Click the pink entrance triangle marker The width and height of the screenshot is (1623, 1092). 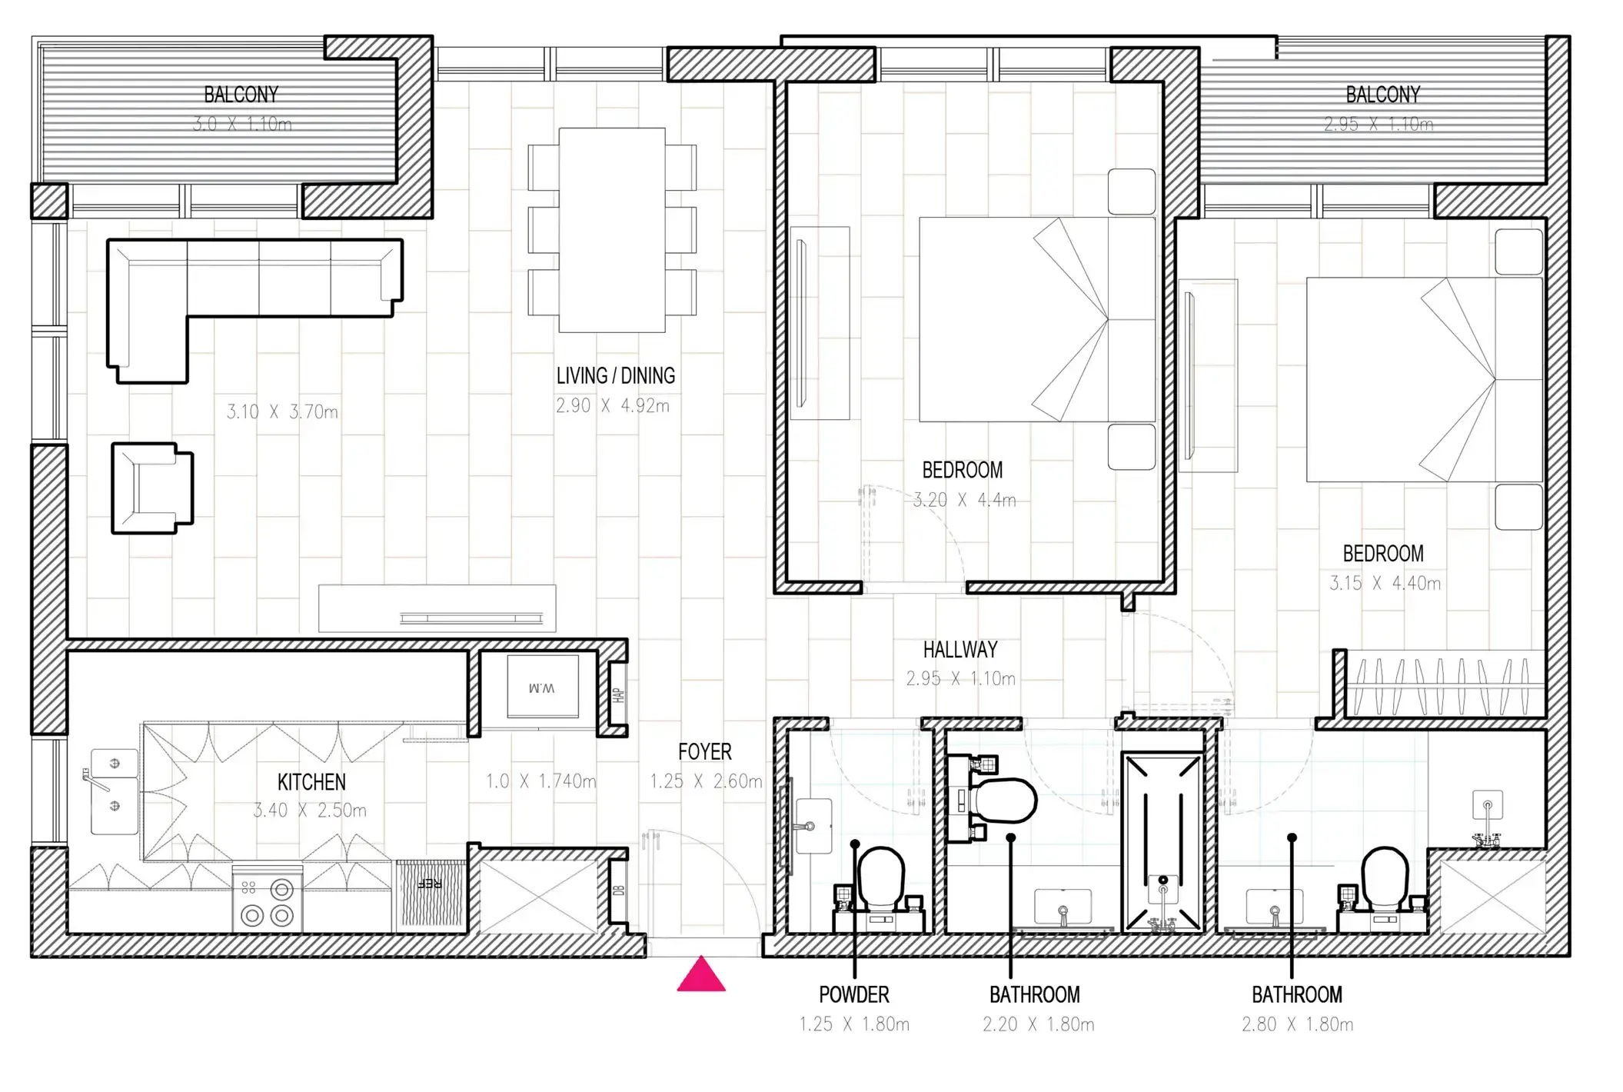[700, 976]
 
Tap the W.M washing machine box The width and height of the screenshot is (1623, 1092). [543, 687]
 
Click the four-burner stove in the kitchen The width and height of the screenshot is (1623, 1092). [268, 900]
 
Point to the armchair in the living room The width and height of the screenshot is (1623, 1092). [152, 488]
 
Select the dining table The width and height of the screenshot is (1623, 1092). [612, 230]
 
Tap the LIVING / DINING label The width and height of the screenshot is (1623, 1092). [615, 376]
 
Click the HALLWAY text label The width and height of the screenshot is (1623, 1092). [959, 650]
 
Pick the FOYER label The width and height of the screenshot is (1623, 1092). [704, 752]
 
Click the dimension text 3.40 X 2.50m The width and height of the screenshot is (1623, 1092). [310, 811]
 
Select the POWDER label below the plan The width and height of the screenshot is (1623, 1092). [853, 995]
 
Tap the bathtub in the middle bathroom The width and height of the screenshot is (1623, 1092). [1162, 842]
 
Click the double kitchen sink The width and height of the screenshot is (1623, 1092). [114, 791]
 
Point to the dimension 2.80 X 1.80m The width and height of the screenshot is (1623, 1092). [1297, 1024]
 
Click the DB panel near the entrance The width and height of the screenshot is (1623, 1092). [618, 891]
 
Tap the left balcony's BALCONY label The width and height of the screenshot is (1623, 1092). [241, 95]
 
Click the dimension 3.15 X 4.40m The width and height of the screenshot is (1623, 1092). [1385, 584]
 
